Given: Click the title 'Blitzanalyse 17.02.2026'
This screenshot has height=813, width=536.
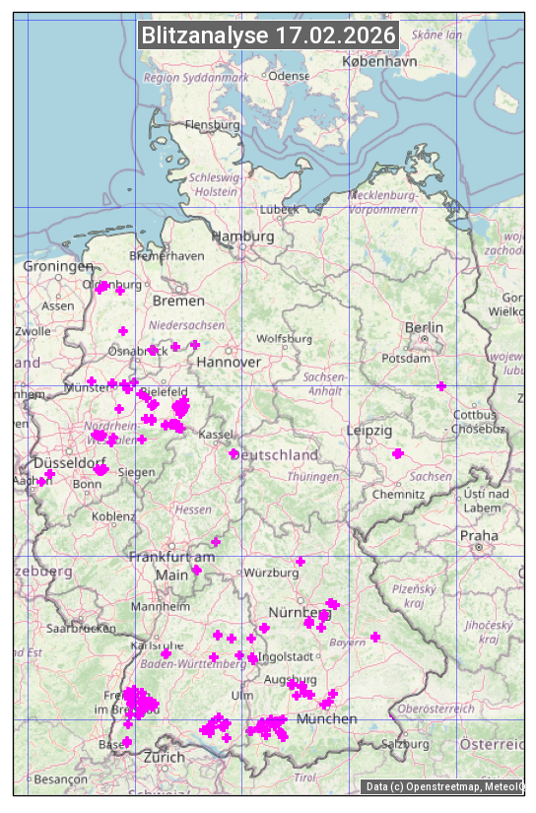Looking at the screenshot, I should [268, 35].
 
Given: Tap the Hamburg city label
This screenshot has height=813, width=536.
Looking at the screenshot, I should [242, 237].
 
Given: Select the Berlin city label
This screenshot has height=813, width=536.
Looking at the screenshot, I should [424, 327].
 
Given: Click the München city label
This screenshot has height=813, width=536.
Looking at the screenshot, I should [326, 718].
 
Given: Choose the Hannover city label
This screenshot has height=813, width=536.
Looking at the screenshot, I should [229, 362].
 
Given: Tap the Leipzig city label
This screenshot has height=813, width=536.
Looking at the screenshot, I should [369, 431].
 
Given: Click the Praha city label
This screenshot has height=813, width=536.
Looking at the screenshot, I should [478, 535].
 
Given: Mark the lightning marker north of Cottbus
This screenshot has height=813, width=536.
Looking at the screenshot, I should [441, 385].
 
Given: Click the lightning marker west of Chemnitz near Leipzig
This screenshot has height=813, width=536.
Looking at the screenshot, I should [398, 453].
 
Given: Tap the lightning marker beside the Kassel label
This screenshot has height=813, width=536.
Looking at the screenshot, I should [234, 453].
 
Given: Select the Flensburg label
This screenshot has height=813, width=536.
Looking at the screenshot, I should [213, 125].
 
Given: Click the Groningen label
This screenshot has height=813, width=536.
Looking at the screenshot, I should [57, 266].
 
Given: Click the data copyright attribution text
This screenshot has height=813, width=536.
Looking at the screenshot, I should [443, 786].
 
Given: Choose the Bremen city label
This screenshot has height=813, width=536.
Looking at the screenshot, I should [178, 300].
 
